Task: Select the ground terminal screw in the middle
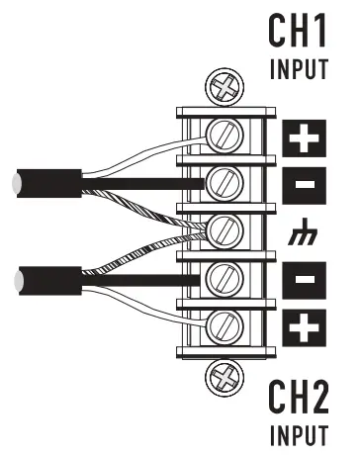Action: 226,231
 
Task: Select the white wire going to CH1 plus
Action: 148,150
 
